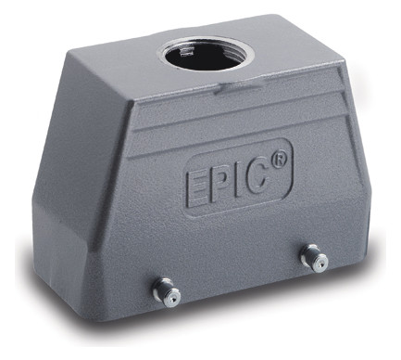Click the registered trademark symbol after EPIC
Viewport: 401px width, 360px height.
279,161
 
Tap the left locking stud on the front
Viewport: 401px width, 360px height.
167,291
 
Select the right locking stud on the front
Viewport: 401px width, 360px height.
314,257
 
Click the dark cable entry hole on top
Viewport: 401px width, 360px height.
206,57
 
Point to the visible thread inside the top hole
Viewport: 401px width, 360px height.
185,52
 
